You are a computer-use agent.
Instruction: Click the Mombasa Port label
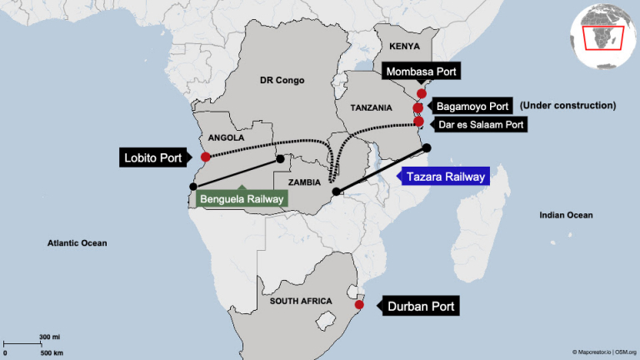[422, 72]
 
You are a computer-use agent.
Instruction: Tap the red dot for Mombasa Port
[421, 93]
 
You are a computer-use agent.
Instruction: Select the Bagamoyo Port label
[470, 107]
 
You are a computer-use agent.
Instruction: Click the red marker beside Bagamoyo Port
[418, 107]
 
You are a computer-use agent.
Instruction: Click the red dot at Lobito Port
[205, 157]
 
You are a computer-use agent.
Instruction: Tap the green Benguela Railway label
[242, 199]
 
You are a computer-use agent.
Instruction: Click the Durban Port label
[421, 307]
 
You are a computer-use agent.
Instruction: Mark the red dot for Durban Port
[359, 306]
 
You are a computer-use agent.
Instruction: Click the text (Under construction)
[567, 106]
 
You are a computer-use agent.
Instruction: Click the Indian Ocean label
[566, 215]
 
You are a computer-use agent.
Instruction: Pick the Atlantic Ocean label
[77, 242]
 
